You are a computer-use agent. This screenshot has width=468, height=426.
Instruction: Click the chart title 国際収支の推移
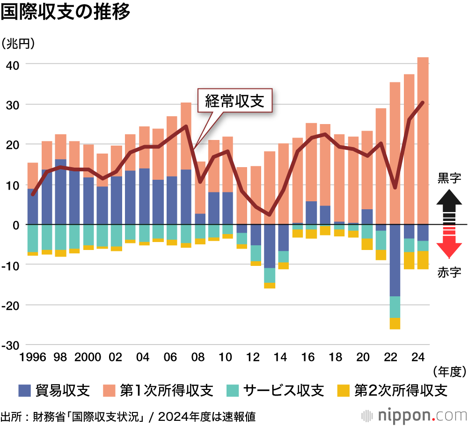tap(65, 13)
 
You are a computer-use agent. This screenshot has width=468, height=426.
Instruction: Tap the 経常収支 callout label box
tap(235, 101)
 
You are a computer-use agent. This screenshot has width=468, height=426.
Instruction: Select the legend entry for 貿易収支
tap(54, 390)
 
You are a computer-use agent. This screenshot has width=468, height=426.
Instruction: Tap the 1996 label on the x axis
tap(33, 358)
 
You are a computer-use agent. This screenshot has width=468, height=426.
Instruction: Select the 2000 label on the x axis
tap(88, 358)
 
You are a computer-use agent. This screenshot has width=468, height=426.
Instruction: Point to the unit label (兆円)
tap(18, 44)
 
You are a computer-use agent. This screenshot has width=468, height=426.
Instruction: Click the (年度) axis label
tap(449, 372)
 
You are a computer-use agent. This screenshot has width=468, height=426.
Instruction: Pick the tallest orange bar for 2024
tap(423, 140)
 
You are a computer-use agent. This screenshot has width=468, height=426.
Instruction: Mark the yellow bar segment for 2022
tap(395, 323)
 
